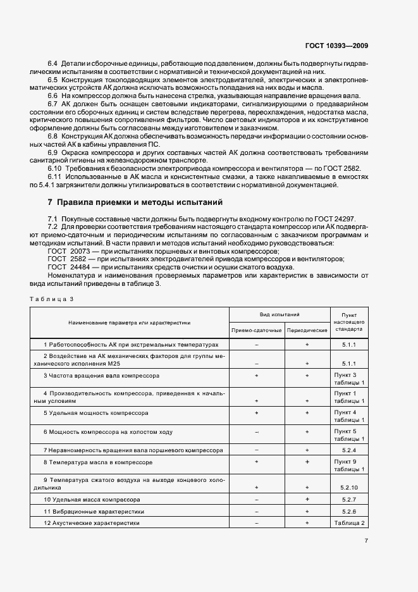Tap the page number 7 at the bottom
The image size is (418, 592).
[366, 540]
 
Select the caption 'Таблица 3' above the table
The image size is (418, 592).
[52, 299]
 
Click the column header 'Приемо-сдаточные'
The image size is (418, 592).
[256, 330]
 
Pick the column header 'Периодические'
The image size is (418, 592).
[307, 330]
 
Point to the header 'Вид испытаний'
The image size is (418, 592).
[280, 314]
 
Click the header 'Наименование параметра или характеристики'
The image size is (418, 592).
[130, 322]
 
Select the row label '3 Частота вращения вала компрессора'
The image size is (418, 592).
[101, 375]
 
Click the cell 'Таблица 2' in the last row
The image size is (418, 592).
[349, 523]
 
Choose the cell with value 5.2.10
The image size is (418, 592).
[349, 488]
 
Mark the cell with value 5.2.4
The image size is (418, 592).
[349, 450]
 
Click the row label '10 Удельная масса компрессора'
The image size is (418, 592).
[92, 499]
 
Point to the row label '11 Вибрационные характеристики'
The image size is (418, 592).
[94, 511]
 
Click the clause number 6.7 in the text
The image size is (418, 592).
[53, 104]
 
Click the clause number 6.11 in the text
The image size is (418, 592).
[55, 177]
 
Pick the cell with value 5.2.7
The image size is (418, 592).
[349, 499]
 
